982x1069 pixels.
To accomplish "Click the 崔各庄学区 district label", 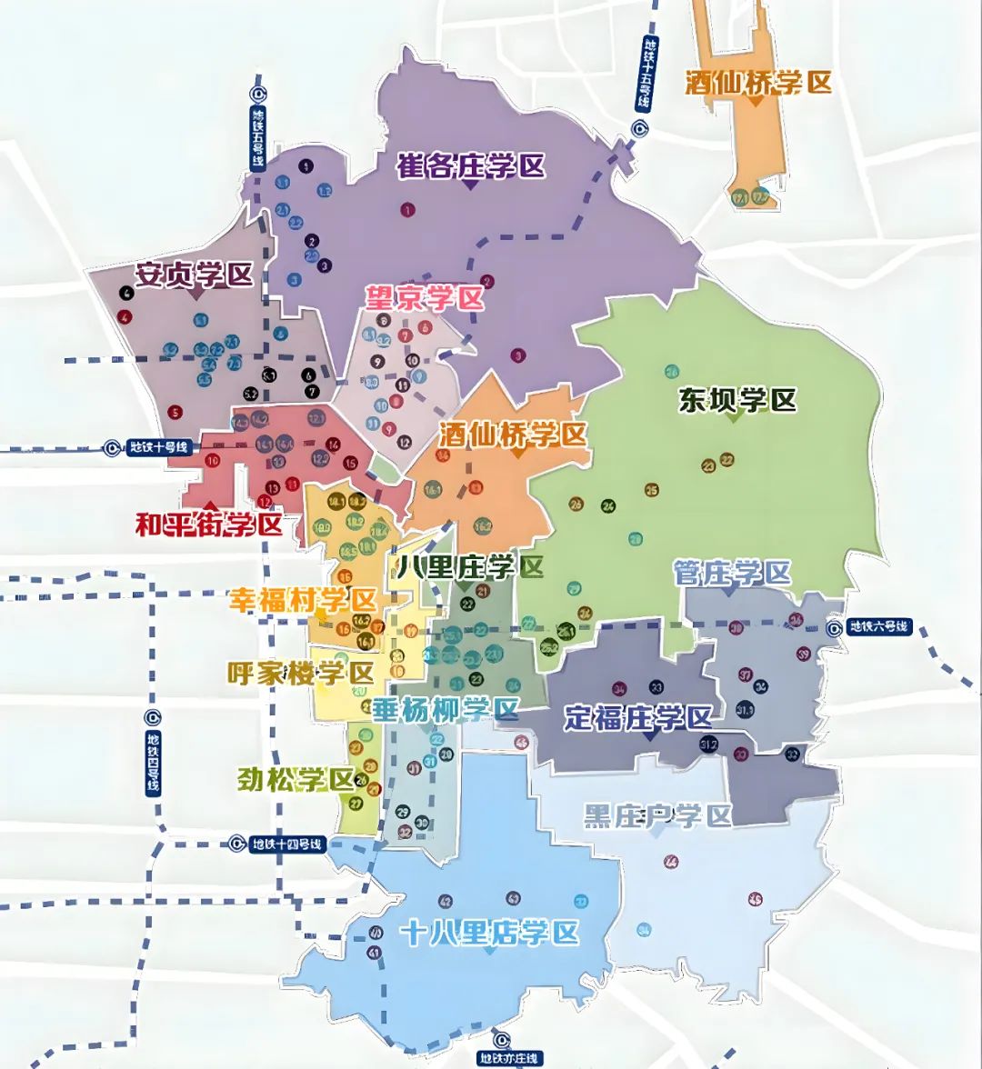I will tap(470, 166).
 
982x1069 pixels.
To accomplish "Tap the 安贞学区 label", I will tap(194, 275).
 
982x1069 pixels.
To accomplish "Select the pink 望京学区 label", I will tap(424, 298).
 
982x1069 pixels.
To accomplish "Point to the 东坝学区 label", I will tap(736, 400).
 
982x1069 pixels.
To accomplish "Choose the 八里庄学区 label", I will tap(470, 567).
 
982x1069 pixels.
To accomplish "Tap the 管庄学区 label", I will tap(732, 574).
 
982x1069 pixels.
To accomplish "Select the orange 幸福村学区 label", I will tap(302, 600).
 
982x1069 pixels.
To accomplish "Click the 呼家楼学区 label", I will tap(300, 674).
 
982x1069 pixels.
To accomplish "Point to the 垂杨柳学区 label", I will tap(445, 710).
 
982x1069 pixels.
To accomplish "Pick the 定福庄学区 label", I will tap(637, 717).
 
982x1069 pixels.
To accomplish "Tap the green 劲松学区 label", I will tap(296, 779).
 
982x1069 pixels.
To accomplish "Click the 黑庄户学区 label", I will tap(657, 816).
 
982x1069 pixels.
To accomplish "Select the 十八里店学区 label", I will tap(490, 933).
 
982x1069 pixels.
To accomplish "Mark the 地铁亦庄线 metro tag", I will tap(509, 1058).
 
